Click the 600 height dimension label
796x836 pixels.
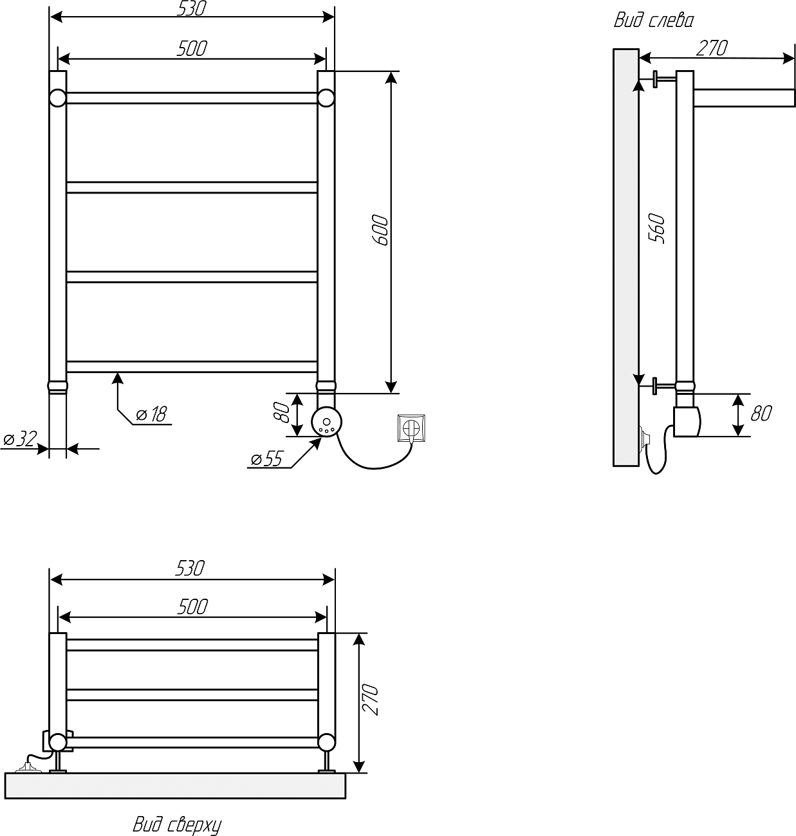point(380,229)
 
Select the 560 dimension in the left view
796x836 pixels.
point(658,228)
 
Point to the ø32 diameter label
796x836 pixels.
point(19,439)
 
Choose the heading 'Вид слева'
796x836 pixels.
point(653,21)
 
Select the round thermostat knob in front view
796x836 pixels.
point(327,423)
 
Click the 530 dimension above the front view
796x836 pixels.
point(192,8)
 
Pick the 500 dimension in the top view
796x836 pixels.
point(192,606)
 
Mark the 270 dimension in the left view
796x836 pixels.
point(712,48)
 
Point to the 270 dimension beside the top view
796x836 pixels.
point(371,700)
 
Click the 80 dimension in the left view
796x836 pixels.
point(761,413)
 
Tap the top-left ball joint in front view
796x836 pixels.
point(57,98)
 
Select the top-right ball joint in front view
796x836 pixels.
point(326,98)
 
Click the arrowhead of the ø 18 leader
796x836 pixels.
point(117,377)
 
